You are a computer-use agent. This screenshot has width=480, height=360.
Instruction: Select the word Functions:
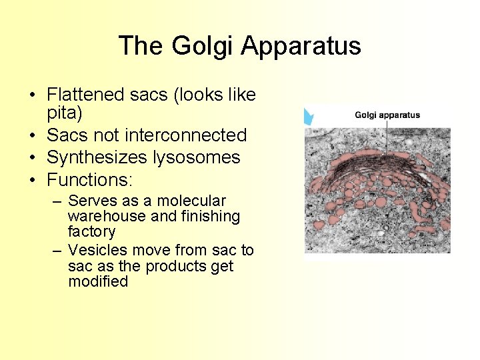click(90, 180)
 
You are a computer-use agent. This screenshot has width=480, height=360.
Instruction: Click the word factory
click(91, 232)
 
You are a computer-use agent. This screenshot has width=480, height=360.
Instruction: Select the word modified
click(97, 281)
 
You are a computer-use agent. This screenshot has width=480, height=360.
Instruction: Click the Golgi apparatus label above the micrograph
click(387, 115)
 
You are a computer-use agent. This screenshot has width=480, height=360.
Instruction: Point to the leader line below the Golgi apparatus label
click(387, 137)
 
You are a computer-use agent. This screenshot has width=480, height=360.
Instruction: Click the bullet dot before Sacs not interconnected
click(32, 136)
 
